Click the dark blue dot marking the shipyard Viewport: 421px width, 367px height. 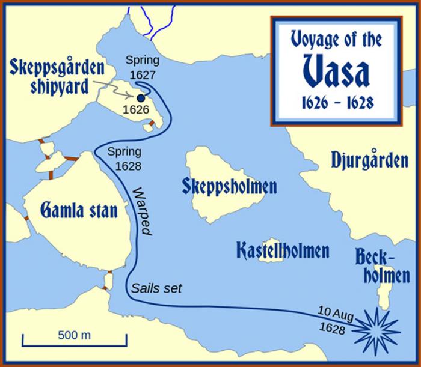(x=141, y=98)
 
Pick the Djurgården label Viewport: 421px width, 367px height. (x=370, y=160)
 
